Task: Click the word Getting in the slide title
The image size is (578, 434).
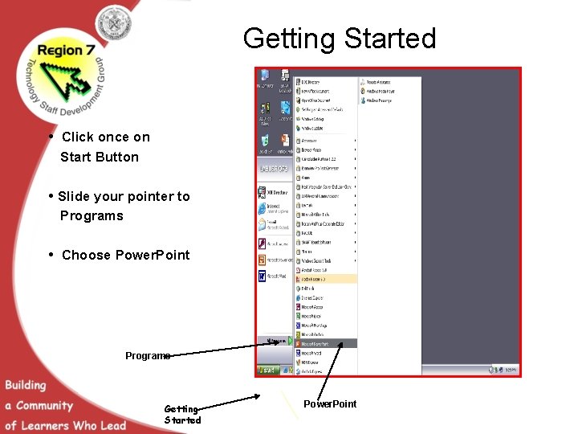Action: (x=291, y=39)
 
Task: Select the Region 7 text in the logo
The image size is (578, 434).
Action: (x=71, y=50)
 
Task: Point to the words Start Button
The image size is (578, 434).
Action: (x=100, y=158)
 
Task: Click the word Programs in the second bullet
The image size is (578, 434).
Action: (x=92, y=215)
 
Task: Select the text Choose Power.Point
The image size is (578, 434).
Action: (x=126, y=256)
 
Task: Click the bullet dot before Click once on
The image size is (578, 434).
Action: (x=51, y=136)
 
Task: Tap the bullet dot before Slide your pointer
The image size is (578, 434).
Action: (x=51, y=195)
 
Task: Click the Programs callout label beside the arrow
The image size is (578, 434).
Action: (x=148, y=355)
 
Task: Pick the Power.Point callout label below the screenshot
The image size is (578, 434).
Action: (x=330, y=403)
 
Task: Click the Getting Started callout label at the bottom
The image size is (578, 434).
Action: (x=182, y=415)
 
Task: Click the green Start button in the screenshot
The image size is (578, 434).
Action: (x=267, y=371)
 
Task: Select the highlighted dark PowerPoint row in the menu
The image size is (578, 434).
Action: (x=326, y=343)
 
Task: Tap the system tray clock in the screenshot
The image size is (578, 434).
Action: (x=511, y=370)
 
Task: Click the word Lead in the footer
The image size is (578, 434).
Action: (x=113, y=425)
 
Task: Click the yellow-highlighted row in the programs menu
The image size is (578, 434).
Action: (x=326, y=278)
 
